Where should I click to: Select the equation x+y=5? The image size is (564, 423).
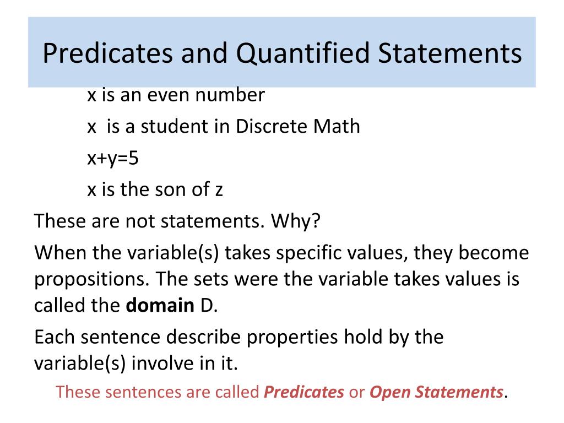[x=113, y=159]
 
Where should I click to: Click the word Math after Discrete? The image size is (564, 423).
[x=337, y=126]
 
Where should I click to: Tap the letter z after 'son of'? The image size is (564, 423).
[x=218, y=191]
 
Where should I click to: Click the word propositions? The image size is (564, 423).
[x=91, y=279]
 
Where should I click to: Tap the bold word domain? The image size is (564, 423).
[x=159, y=305]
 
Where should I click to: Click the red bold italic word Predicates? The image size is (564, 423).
[x=304, y=392]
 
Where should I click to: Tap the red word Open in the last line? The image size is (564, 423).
[x=389, y=392]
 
